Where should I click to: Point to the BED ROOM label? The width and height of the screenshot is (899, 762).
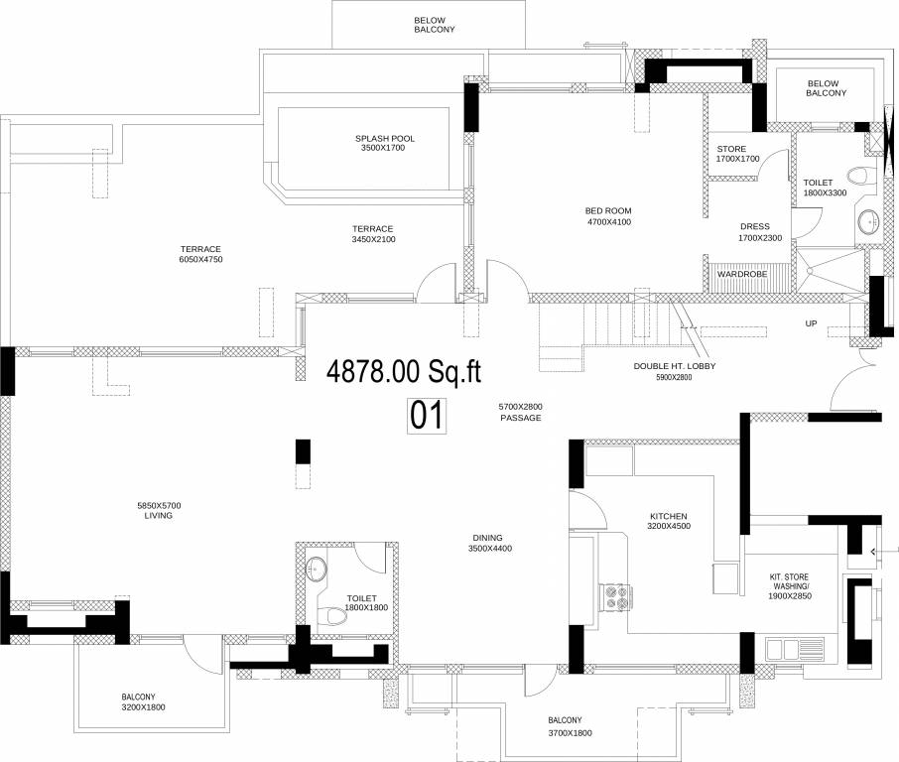(607, 216)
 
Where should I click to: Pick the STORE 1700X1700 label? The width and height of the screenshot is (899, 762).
(737, 154)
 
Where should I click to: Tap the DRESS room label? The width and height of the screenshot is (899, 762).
(754, 232)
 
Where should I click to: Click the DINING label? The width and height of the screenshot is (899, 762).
(492, 543)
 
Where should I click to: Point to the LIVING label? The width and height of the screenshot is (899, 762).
(159, 511)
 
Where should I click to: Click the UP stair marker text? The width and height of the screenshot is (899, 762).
(811, 323)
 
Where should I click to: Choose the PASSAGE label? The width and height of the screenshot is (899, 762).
(520, 413)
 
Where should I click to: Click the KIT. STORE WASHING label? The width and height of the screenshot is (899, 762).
(790, 586)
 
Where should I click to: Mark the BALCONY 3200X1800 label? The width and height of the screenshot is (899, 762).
(145, 702)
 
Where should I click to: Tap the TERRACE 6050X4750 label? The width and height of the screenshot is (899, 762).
(199, 255)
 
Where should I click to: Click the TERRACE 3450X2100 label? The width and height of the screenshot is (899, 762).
(372, 233)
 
